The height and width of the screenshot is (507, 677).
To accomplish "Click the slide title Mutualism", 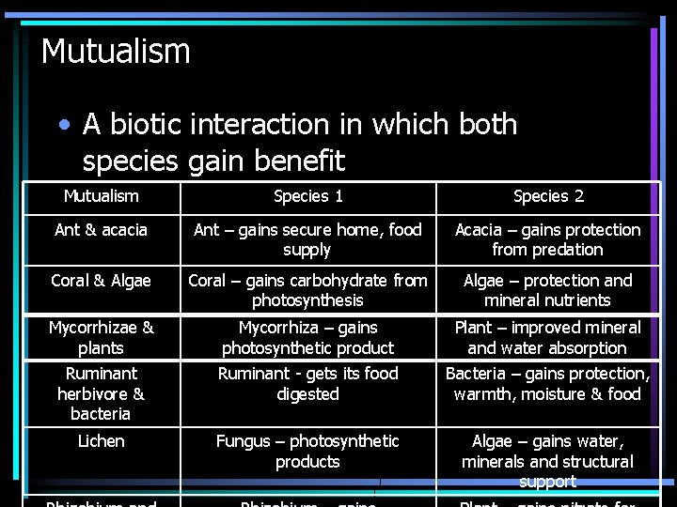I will pyautogui.click(x=116, y=51).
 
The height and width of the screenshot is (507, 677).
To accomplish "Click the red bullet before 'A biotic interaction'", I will pyautogui.click(x=63, y=125).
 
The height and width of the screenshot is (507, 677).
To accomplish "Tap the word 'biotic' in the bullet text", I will pyautogui.click(x=161, y=124).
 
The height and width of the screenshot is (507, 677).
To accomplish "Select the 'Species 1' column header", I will pyautogui.click(x=307, y=196).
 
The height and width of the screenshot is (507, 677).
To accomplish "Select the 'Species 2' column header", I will pyautogui.click(x=548, y=196).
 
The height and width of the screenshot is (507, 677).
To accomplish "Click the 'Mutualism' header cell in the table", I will pyautogui.click(x=101, y=196).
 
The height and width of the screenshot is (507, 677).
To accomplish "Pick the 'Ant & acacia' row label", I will pyautogui.click(x=101, y=230).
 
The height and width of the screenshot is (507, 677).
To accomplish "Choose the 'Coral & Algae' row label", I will pyautogui.click(x=101, y=281).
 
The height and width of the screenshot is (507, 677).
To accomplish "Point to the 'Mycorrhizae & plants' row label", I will pyautogui.click(x=101, y=337).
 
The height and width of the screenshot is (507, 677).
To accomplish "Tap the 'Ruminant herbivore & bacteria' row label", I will pyautogui.click(x=101, y=393).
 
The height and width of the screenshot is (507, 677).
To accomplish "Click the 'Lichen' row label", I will pyautogui.click(x=101, y=441).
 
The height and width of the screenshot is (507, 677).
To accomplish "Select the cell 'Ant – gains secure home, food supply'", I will pyautogui.click(x=307, y=239).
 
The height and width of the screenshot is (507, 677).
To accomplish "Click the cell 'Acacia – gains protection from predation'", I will pyautogui.click(x=547, y=239).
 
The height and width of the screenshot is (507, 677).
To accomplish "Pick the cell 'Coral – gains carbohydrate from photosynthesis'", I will pyautogui.click(x=307, y=290).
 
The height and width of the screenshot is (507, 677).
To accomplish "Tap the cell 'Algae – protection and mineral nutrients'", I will pyautogui.click(x=547, y=290).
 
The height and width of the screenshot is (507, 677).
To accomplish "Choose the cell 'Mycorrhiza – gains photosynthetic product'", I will pyautogui.click(x=307, y=337).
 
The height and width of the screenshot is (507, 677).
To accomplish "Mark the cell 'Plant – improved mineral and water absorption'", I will pyautogui.click(x=547, y=337).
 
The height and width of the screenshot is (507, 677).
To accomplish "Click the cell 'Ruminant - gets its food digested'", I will pyautogui.click(x=307, y=383).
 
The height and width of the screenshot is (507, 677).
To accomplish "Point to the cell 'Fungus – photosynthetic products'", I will pyautogui.click(x=307, y=451).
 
